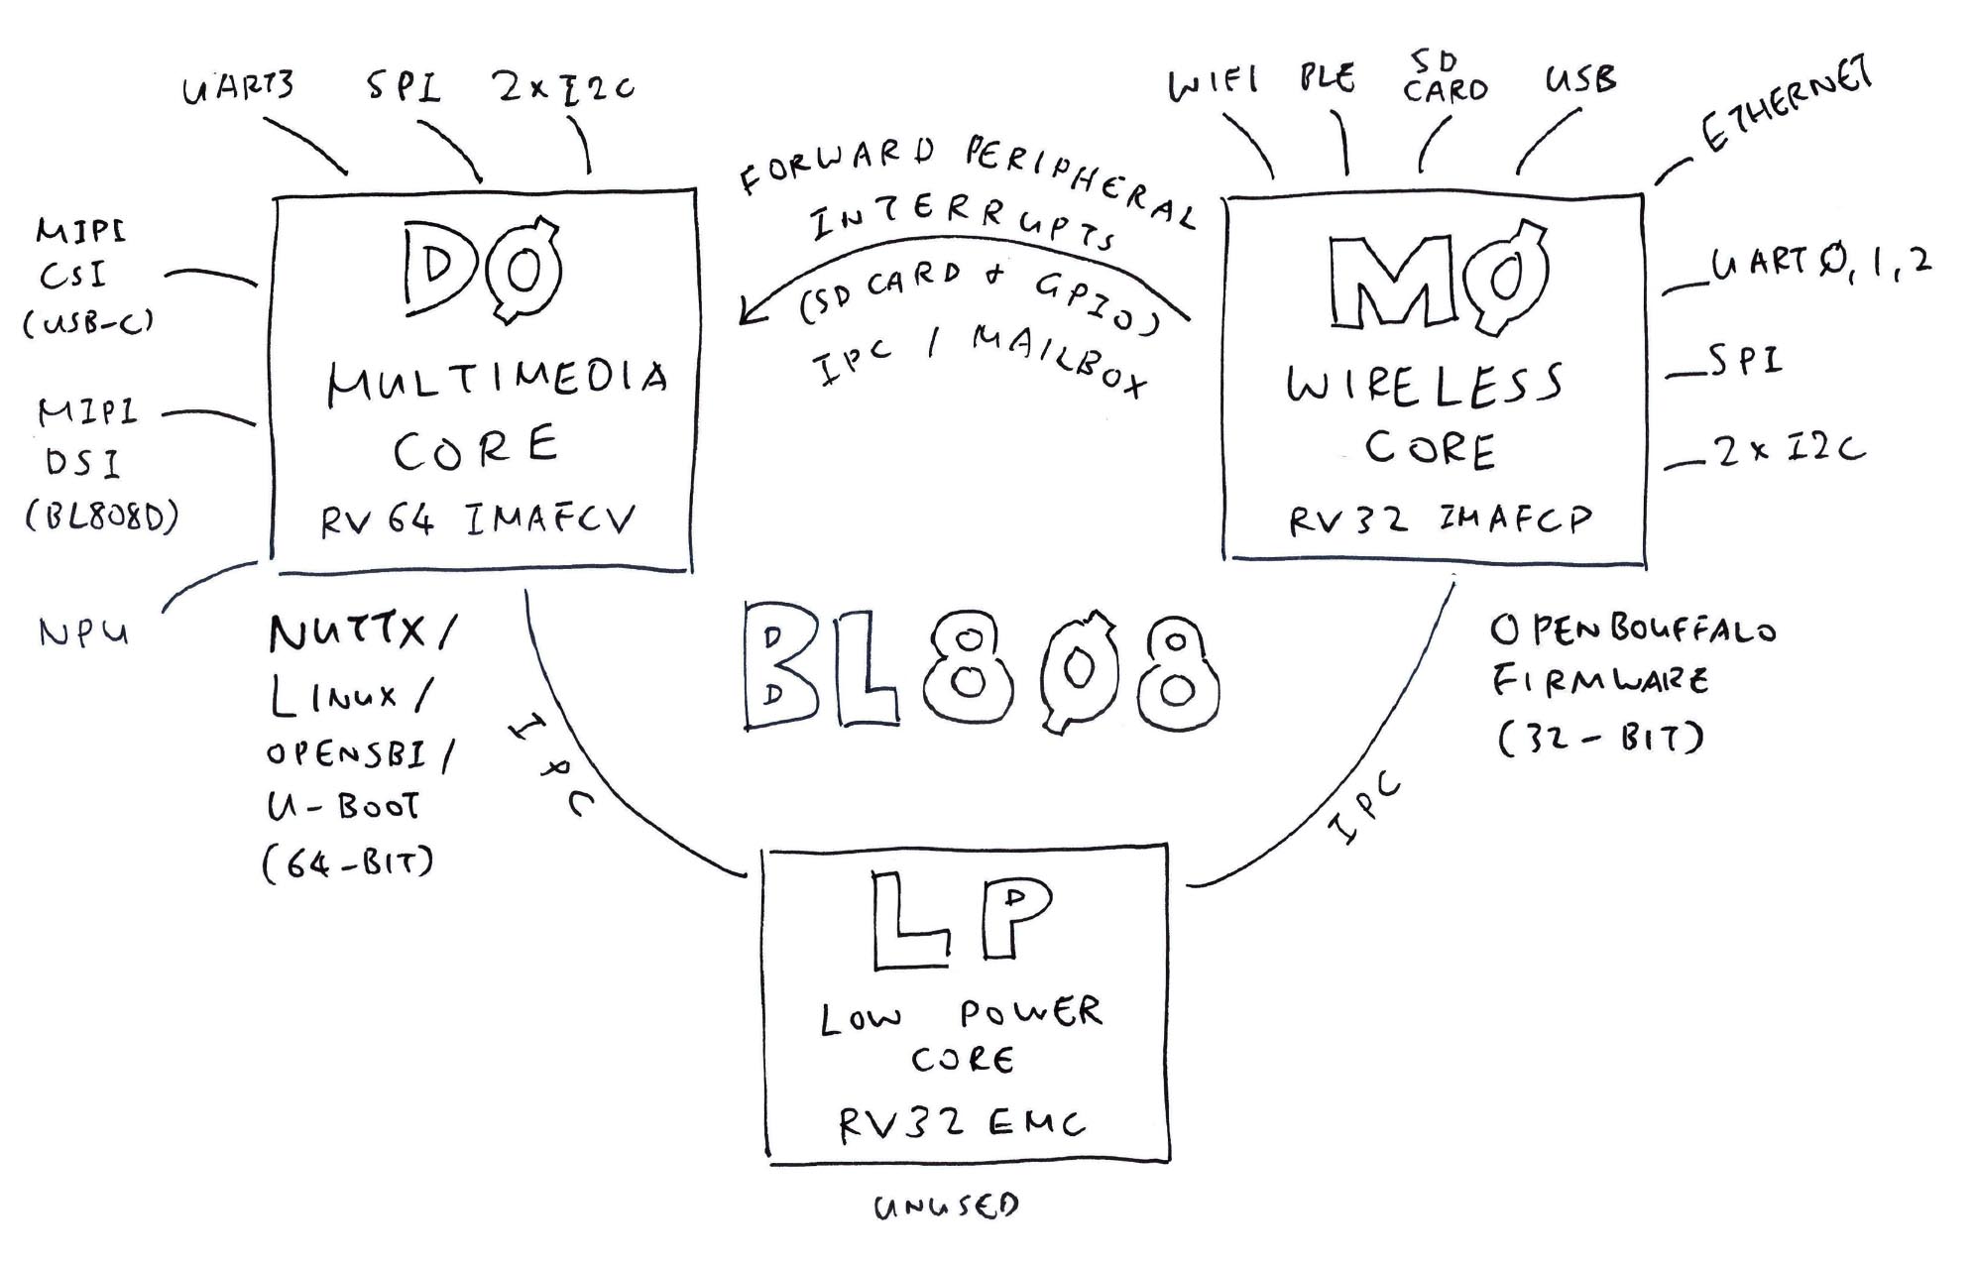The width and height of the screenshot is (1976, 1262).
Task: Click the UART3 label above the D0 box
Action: click(x=238, y=87)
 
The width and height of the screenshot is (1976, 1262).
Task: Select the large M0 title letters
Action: click(x=1437, y=279)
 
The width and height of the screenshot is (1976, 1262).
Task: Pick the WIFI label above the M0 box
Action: click(x=1214, y=83)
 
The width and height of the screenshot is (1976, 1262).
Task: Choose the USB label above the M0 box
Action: click(x=1580, y=79)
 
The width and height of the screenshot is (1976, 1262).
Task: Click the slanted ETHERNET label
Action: click(x=1786, y=104)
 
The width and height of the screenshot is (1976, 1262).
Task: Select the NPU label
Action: click(x=84, y=632)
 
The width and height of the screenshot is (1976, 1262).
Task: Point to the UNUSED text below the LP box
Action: click(x=946, y=1206)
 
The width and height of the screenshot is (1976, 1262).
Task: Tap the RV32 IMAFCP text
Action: click(x=1440, y=519)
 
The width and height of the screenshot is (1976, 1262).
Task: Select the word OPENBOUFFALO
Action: click(x=1633, y=630)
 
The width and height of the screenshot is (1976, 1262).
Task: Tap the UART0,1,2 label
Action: click(x=1821, y=263)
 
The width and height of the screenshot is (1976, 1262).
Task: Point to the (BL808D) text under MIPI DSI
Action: click(x=102, y=516)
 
